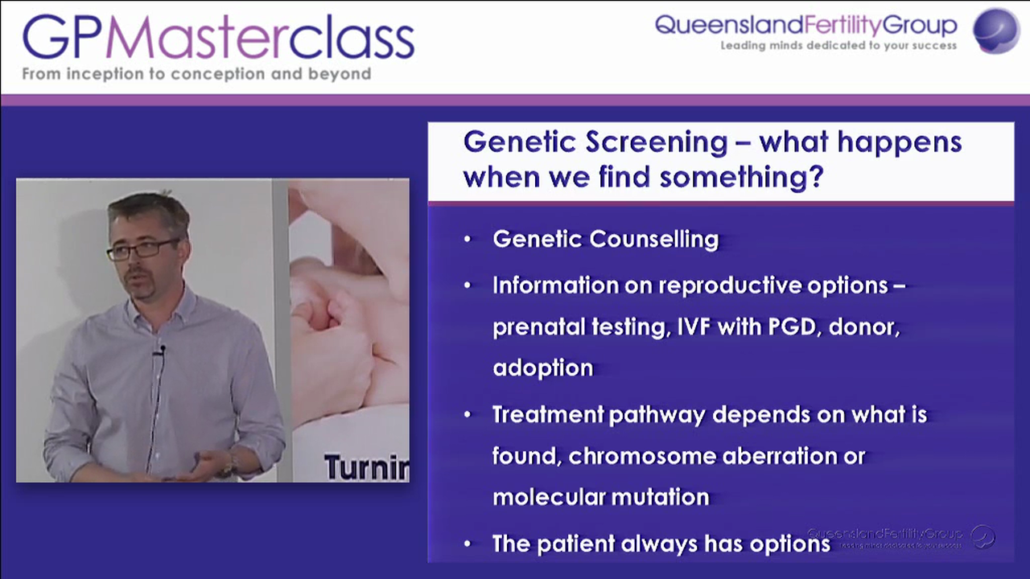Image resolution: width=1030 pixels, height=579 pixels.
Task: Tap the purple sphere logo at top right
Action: [995, 31]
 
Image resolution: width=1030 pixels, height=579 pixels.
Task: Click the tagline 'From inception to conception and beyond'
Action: [196, 74]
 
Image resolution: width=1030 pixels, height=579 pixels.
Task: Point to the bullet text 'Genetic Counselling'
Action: [605, 239]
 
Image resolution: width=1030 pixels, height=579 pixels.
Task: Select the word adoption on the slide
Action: [542, 368]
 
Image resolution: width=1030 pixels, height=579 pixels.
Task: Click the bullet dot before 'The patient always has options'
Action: [468, 544]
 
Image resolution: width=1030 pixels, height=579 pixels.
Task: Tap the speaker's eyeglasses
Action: [143, 249]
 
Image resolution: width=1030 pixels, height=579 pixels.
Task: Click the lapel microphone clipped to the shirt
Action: [162, 351]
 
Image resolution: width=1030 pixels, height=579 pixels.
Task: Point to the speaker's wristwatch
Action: [230, 462]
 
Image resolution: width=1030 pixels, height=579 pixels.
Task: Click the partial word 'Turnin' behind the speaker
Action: [366, 467]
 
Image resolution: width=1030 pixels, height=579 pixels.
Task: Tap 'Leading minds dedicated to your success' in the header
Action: [838, 46]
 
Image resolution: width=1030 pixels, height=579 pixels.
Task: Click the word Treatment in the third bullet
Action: [547, 415]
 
